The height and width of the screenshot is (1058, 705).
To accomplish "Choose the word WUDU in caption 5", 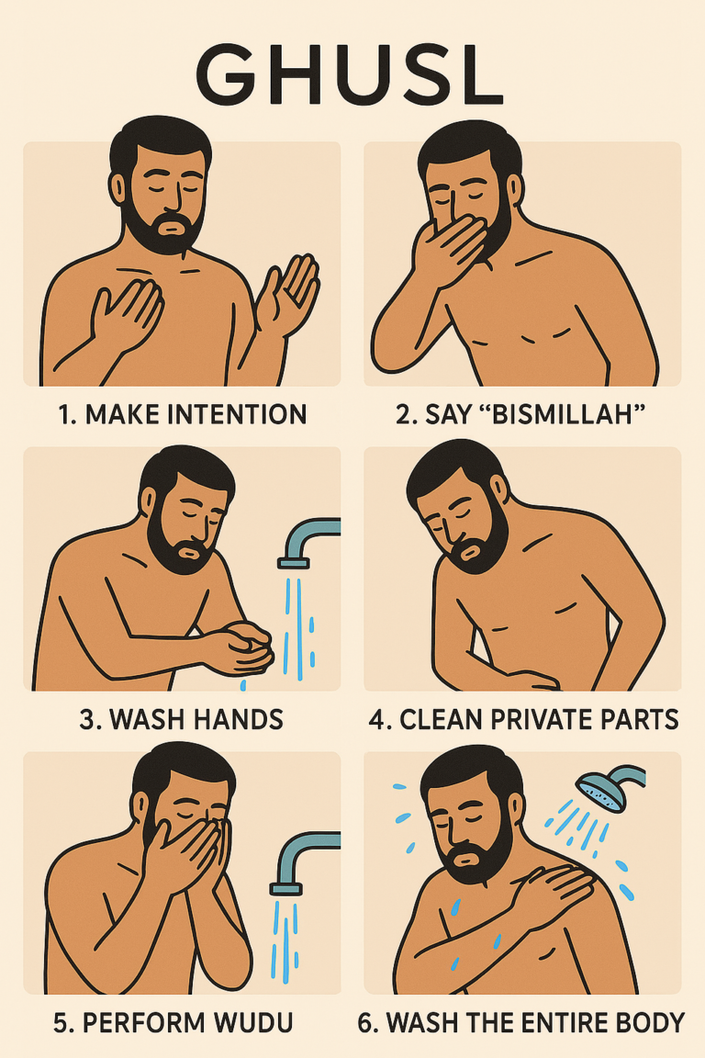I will pyautogui.click(x=259, y=1022).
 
